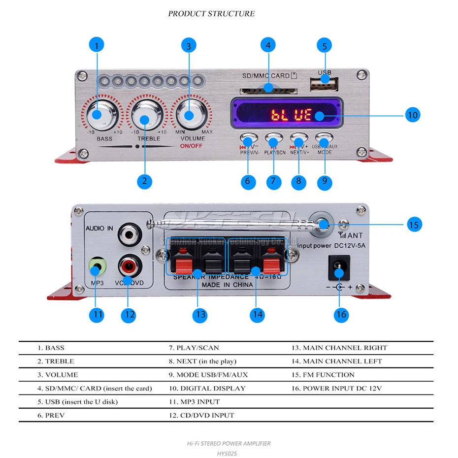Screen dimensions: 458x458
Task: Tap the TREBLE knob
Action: click(145, 118)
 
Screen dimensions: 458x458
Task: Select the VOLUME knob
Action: click(191, 113)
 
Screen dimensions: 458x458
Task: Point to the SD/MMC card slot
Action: click(268, 90)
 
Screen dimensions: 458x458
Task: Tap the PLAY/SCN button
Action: click(274, 138)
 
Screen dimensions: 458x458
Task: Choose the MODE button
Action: click(325, 138)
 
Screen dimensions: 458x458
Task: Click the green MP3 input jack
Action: click(98, 268)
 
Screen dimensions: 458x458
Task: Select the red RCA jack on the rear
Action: click(130, 268)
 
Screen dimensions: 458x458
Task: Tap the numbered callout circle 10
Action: click(413, 115)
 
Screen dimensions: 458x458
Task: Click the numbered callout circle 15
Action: click(414, 225)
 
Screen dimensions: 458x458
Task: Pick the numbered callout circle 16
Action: click(341, 314)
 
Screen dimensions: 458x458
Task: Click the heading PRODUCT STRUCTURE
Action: click(211, 13)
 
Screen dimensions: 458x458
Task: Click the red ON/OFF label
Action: click(191, 146)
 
